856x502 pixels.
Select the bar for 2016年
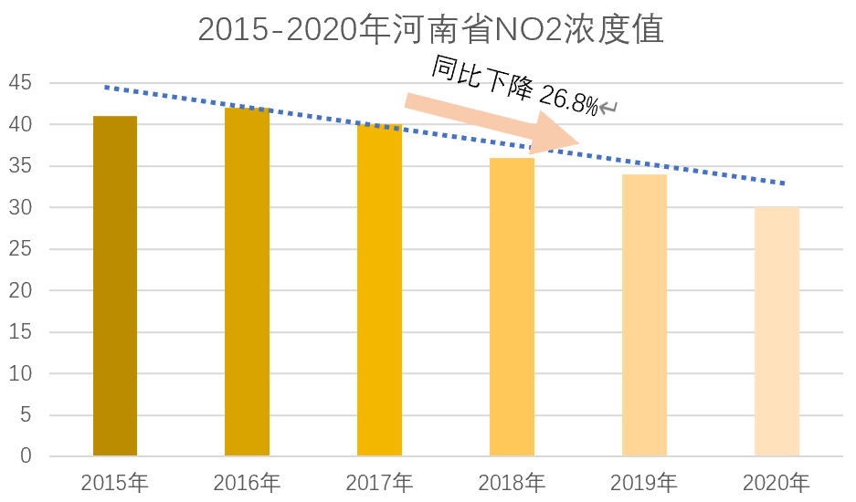pos(248,282)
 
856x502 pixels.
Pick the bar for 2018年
pos(512,307)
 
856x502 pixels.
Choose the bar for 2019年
pos(644,315)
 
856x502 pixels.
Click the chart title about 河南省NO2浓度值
pos(429,29)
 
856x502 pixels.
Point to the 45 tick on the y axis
pos(21,83)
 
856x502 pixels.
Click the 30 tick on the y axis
pos(21,208)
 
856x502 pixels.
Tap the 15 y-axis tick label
pos(21,332)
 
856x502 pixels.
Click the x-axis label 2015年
pos(114,482)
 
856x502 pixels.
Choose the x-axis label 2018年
pos(512,482)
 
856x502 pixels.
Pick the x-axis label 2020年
pos(777,482)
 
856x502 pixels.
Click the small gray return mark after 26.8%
pos(608,109)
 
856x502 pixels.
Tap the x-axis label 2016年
pos(247,482)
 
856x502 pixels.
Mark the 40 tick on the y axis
pos(21,125)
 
